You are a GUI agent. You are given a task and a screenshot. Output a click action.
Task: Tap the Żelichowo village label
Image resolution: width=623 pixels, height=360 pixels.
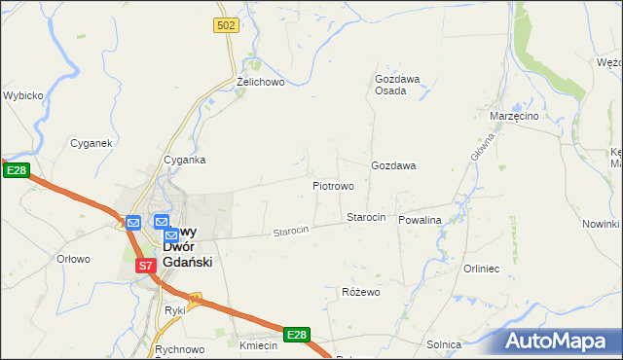click(260, 83)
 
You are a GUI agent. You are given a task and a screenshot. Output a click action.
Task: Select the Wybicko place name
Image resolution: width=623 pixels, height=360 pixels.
click(21, 95)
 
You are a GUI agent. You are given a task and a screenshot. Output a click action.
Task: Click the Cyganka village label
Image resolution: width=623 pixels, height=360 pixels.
click(184, 160)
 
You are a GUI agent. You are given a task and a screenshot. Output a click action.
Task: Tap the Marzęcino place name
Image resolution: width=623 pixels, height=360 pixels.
click(514, 116)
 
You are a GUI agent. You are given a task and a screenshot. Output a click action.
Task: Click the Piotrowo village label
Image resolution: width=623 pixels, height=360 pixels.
click(333, 185)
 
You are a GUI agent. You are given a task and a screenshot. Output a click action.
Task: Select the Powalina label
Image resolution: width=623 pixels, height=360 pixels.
click(420, 220)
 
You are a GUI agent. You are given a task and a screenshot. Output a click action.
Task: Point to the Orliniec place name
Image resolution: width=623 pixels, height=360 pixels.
click(482, 269)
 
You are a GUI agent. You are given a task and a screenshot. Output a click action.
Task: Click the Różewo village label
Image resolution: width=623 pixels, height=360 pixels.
click(360, 292)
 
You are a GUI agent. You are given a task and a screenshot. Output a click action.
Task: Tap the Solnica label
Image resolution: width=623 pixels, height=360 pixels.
click(444, 344)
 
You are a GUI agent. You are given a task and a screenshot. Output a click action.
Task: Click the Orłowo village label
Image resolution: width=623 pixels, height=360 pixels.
click(74, 259)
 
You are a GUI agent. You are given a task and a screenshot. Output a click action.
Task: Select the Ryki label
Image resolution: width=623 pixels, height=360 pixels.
click(175, 310)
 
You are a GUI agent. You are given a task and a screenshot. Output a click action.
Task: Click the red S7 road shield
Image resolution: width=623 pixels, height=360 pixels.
click(145, 265)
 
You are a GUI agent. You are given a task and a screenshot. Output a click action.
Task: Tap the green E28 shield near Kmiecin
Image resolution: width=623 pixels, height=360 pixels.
click(297, 335)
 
